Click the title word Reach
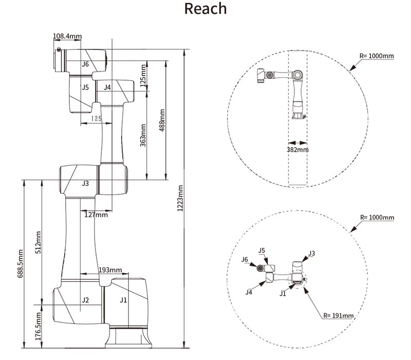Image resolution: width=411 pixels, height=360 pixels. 205,9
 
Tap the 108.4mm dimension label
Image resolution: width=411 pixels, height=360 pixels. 67,36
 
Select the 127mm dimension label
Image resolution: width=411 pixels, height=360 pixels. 96,215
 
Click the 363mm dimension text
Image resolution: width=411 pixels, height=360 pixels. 143,135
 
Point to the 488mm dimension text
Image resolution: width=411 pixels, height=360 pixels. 162,120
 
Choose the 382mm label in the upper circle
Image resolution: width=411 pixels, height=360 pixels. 297,149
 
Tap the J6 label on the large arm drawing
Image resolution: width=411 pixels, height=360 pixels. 85,64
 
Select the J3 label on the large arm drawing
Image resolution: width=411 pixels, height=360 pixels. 85,183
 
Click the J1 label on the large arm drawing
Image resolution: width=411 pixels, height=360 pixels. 123,299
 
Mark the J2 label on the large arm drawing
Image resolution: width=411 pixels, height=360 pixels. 85,300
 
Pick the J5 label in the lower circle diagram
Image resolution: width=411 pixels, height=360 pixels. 262,250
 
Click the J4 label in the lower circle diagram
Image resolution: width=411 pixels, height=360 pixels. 249,292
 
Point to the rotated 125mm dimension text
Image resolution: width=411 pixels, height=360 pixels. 143,75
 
